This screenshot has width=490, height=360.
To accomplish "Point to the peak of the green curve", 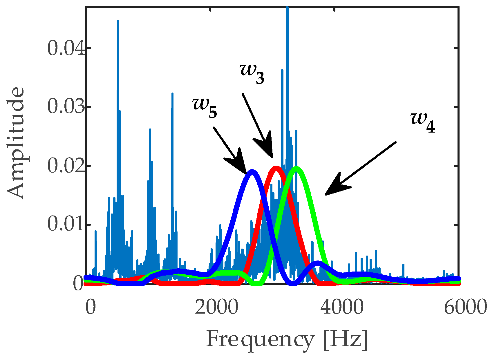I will click(296, 169).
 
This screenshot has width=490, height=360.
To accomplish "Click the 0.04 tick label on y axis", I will click(66, 48).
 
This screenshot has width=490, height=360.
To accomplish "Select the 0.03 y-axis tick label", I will click(66, 107).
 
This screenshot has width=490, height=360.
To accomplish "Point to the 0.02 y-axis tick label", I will click(66, 166).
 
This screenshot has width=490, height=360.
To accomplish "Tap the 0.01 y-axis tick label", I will click(66, 225).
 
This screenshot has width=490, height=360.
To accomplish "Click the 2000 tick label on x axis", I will click(216, 307).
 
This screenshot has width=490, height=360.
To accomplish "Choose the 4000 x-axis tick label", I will click(342, 307).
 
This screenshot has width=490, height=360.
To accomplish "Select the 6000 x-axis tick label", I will click(465, 307).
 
